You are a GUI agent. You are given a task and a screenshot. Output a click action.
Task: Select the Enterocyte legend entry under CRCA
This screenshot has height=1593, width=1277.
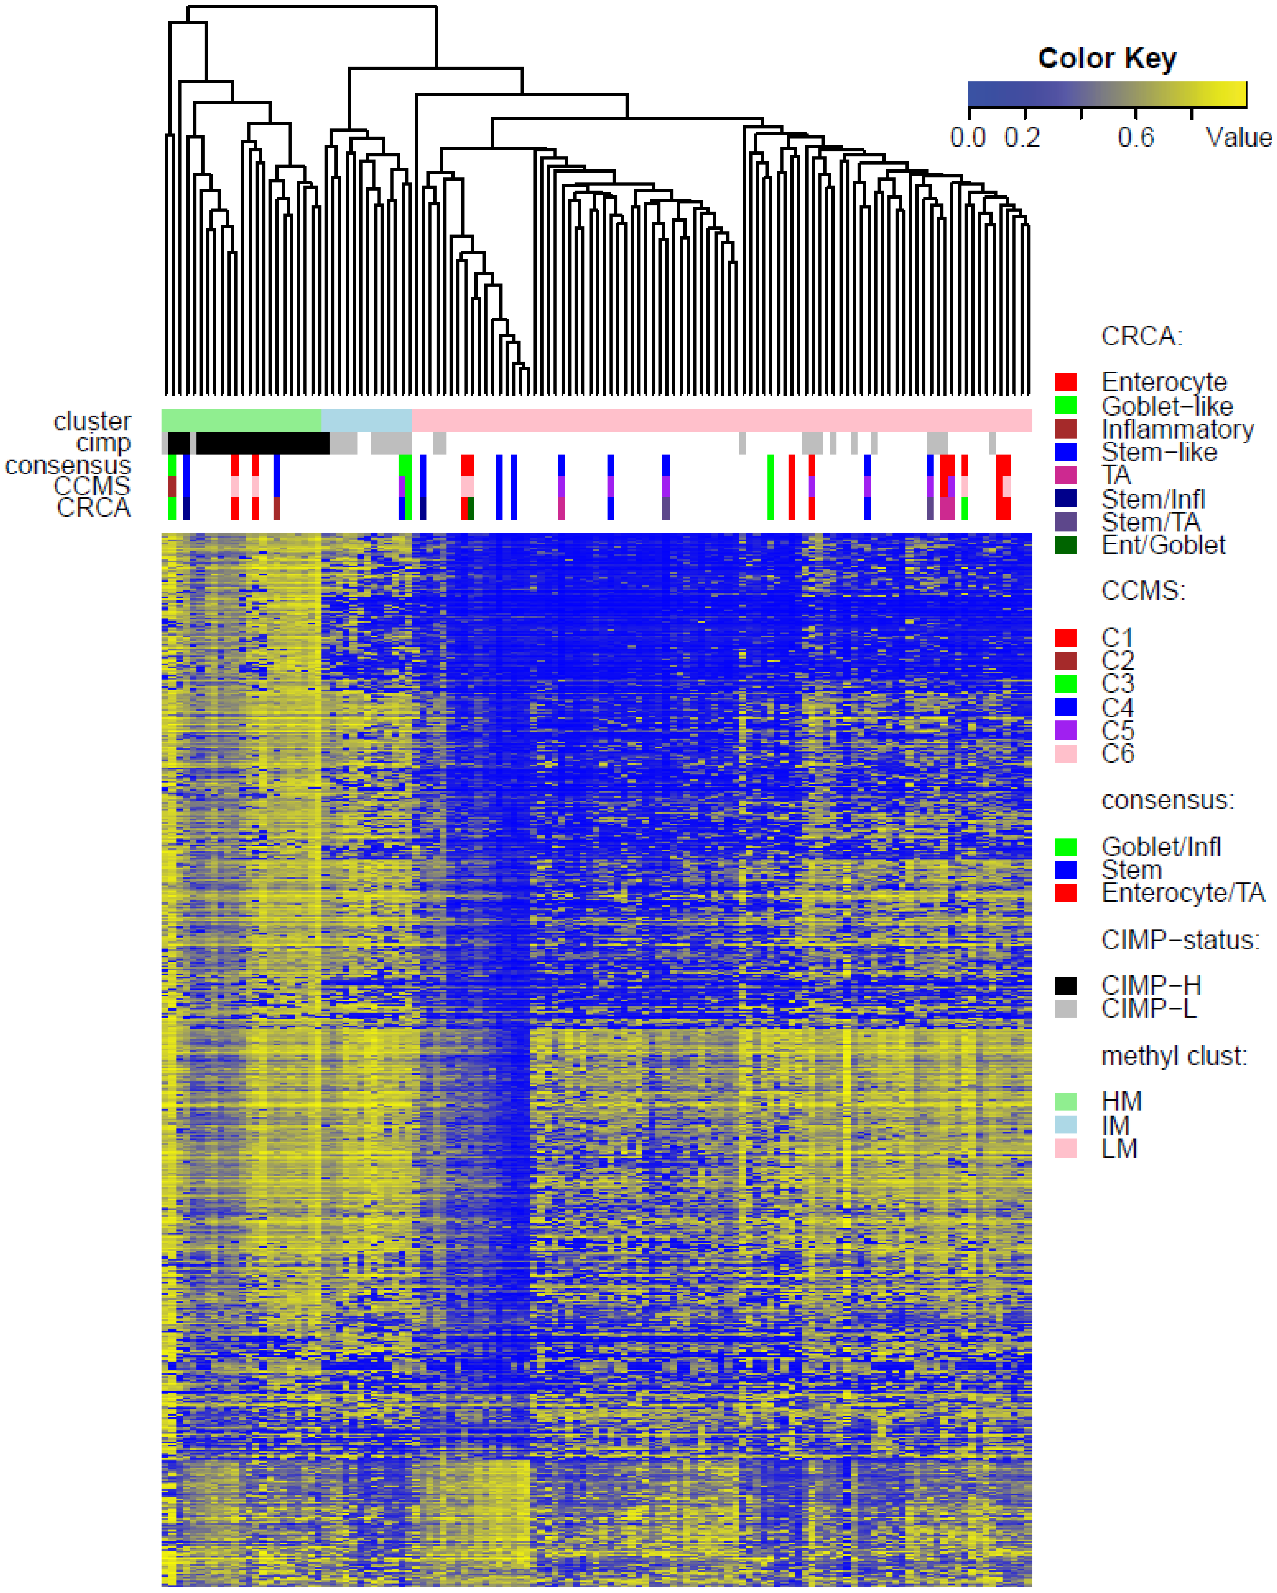(1163, 382)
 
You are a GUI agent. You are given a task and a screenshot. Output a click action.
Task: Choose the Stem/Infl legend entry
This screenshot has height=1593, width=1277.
(1153, 499)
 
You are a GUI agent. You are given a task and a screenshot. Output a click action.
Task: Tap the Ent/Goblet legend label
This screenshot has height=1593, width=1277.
(1163, 545)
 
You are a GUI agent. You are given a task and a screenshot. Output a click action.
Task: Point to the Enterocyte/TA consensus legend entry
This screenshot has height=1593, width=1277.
(1183, 893)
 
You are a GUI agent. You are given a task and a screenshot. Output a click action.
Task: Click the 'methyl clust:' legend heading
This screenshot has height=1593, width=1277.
(1174, 1056)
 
